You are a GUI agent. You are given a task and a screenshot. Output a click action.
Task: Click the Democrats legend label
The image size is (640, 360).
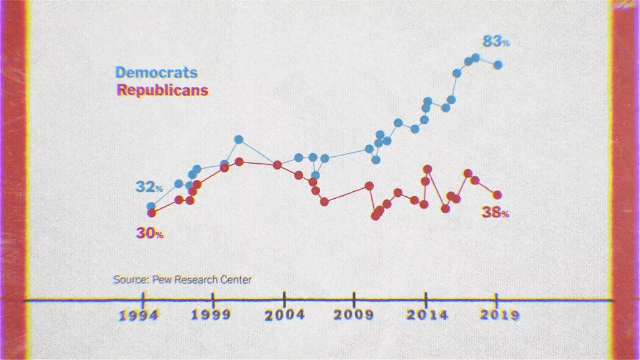click(x=156, y=73)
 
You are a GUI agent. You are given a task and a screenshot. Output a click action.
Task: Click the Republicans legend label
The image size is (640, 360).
click(x=162, y=90)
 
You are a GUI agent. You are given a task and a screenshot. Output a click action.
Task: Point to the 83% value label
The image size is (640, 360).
click(x=496, y=42)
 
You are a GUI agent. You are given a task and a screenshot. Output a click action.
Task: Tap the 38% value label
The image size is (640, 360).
click(x=495, y=212)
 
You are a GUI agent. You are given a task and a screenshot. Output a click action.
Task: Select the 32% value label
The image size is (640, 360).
click(x=149, y=187)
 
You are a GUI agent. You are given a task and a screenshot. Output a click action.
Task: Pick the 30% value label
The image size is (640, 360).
click(x=149, y=234)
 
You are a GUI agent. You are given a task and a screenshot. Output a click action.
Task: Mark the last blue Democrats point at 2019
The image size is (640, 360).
click(x=497, y=64)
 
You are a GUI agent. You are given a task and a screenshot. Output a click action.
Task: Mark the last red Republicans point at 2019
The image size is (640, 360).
click(x=497, y=195)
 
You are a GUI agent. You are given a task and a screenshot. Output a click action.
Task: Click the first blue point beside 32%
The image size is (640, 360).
click(x=151, y=206)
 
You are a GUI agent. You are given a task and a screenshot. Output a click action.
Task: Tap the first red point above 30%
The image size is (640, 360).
click(x=151, y=213)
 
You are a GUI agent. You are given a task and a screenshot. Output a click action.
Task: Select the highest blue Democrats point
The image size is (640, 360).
click(x=476, y=57)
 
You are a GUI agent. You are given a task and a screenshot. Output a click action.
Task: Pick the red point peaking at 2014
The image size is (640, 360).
click(x=427, y=169)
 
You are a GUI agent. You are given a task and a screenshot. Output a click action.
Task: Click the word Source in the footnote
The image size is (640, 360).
click(x=126, y=279)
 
